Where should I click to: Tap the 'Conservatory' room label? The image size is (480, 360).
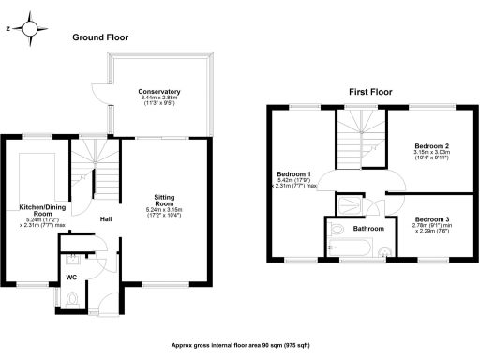pyautogui.click(x=158, y=91)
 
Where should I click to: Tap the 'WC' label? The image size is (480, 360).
pyautogui.click(x=70, y=278)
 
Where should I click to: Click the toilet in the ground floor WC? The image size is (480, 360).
pyautogui.click(x=73, y=299)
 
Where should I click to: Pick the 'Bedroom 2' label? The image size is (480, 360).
pyautogui.click(x=433, y=146)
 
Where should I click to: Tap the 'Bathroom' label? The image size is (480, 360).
pyautogui.click(x=367, y=229)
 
